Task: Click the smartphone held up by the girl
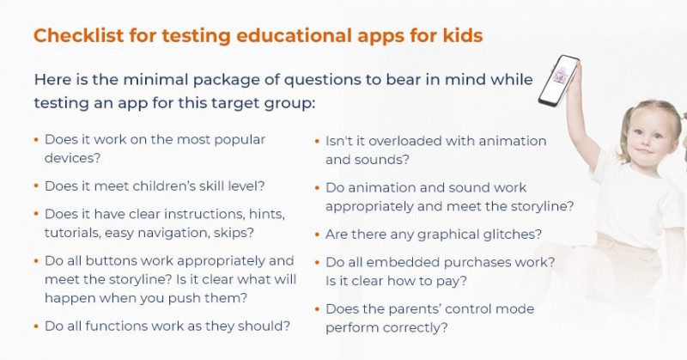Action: coord(559,80)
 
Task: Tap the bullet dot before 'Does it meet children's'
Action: coord(35,185)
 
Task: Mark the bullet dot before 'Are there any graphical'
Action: coord(317,235)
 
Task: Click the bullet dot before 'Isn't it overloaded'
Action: coord(317,141)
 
